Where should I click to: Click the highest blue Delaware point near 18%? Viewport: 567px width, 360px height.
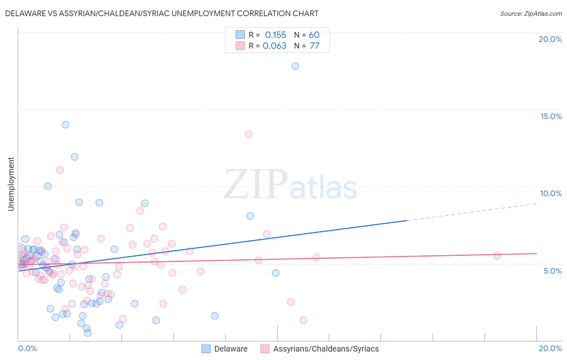[295, 66]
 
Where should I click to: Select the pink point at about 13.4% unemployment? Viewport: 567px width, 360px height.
[248, 134]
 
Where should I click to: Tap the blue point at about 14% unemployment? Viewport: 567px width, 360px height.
[65, 125]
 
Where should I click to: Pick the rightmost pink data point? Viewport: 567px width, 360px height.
[497, 255]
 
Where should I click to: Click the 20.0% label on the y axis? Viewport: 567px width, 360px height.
[550, 39]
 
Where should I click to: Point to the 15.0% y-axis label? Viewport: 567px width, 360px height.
[551, 116]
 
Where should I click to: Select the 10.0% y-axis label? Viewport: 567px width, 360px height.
[551, 193]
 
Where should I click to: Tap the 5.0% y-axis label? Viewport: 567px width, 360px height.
[552, 271]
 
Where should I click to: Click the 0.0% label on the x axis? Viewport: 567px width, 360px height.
[27, 348]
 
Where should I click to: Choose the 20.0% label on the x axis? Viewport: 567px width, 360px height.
[550, 348]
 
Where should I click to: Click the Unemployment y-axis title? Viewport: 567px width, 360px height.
[11, 184]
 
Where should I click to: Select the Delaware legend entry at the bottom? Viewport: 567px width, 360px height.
[231, 349]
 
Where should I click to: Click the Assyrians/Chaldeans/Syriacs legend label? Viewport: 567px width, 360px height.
[326, 349]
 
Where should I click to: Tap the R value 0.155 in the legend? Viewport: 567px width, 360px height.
[275, 35]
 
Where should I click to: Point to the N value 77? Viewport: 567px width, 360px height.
[315, 46]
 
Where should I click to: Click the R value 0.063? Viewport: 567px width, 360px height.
[275, 46]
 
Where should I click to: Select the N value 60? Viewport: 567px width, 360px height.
[314, 35]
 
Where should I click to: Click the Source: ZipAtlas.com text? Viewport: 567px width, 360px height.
[531, 14]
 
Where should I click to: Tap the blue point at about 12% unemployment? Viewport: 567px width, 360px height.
[75, 157]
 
